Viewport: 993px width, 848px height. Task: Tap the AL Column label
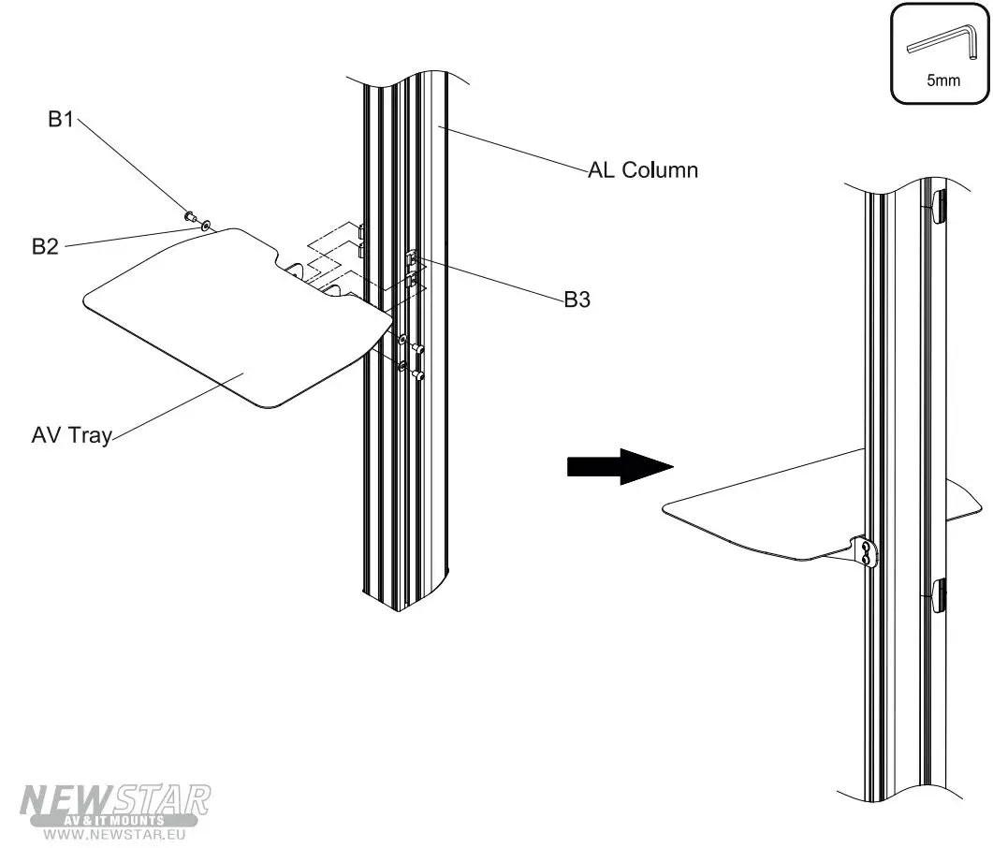click(x=642, y=170)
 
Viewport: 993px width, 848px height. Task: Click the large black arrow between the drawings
click(x=621, y=465)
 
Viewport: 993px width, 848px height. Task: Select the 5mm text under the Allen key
click(x=943, y=80)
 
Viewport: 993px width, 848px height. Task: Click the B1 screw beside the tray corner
click(x=191, y=217)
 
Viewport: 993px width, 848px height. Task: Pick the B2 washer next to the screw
click(x=205, y=225)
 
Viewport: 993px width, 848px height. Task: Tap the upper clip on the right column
click(x=940, y=206)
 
